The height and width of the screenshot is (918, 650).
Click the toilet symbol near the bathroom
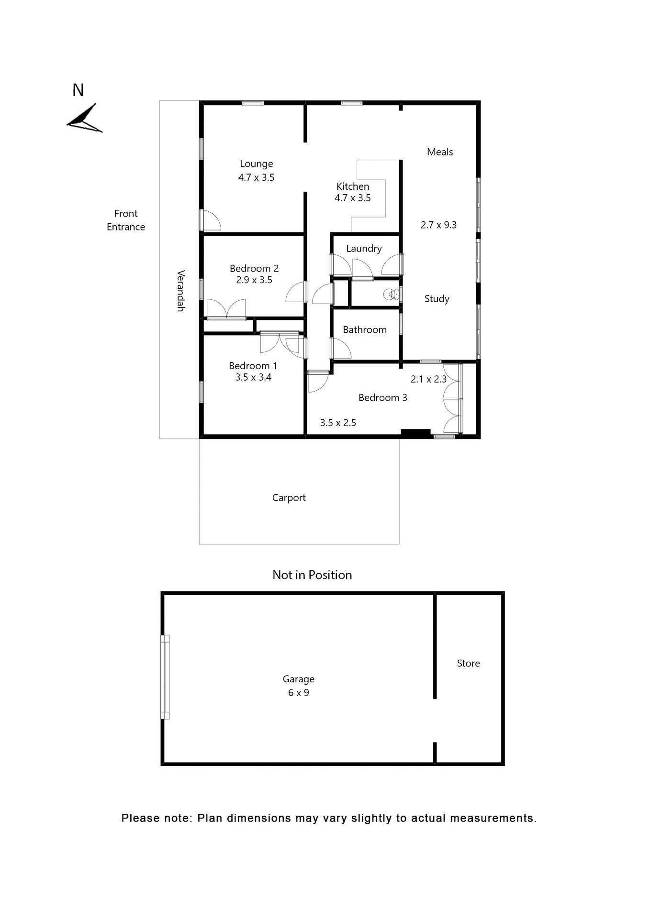[391, 294]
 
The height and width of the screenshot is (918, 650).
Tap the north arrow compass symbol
[85, 118]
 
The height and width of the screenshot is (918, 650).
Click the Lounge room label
[256, 164]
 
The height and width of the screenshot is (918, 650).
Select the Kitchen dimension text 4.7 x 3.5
[352, 198]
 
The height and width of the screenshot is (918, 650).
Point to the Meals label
[439, 152]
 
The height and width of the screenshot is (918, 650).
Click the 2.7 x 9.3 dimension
[438, 225]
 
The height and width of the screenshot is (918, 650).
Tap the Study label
[437, 299]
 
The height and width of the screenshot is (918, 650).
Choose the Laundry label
[364, 249]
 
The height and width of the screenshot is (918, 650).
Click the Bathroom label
[364, 330]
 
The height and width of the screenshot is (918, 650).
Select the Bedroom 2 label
[254, 269]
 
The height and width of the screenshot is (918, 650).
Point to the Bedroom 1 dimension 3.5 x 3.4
[253, 377]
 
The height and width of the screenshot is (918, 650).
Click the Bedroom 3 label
[382, 398]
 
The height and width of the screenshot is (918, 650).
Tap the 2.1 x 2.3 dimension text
[428, 379]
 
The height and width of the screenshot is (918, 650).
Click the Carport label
[289, 498]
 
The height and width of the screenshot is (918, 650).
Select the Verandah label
[181, 291]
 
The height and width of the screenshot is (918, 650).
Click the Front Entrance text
[125, 220]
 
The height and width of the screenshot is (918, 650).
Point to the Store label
[468, 663]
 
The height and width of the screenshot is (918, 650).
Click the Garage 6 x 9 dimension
[298, 693]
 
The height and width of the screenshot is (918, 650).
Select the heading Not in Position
[312, 575]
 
